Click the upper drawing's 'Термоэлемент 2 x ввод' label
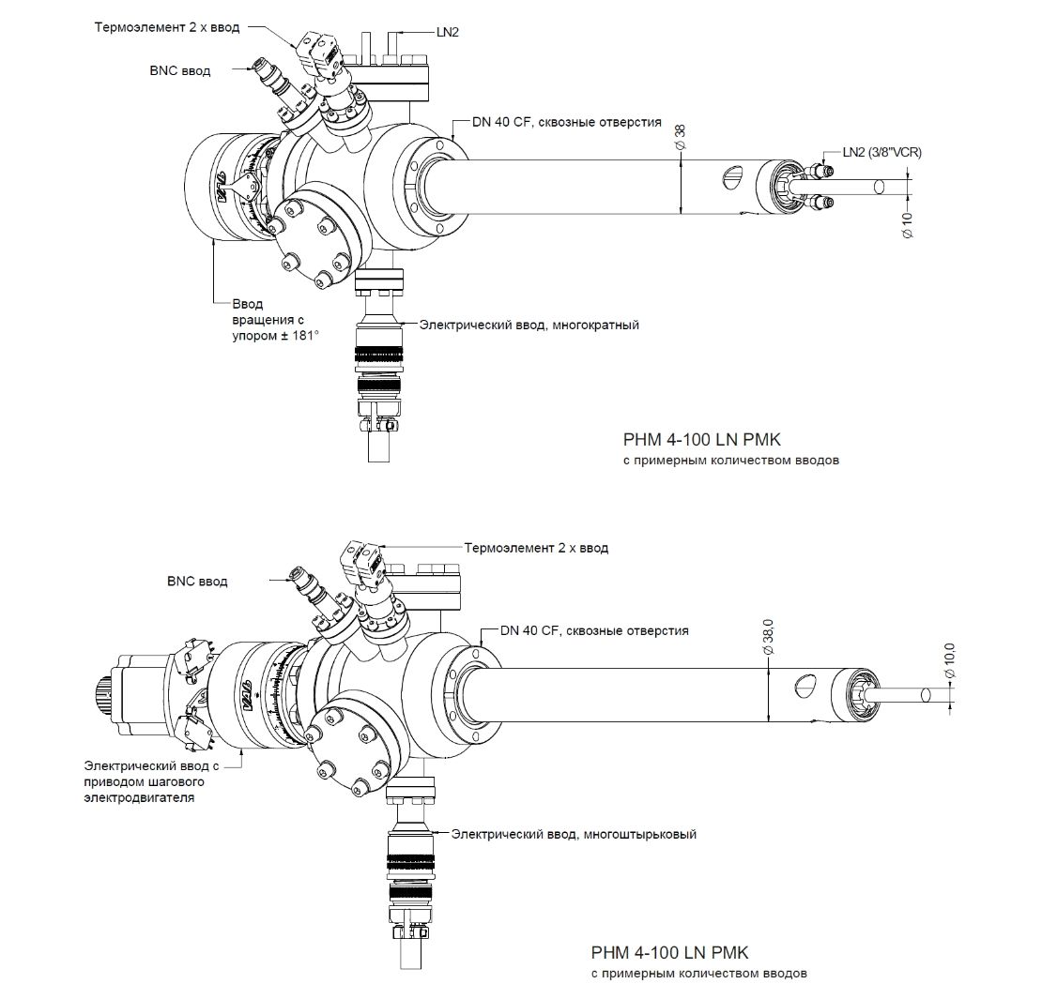(167, 27)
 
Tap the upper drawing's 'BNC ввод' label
(180, 70)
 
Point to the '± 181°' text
(296, 334)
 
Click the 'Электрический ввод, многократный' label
(529, 325)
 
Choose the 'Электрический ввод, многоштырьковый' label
(575, 833)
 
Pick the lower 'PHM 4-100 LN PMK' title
(671, 953)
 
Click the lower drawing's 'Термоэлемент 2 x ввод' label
(536, 547)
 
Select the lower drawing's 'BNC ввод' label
(197, 582)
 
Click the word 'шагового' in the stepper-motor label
(176, 781)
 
